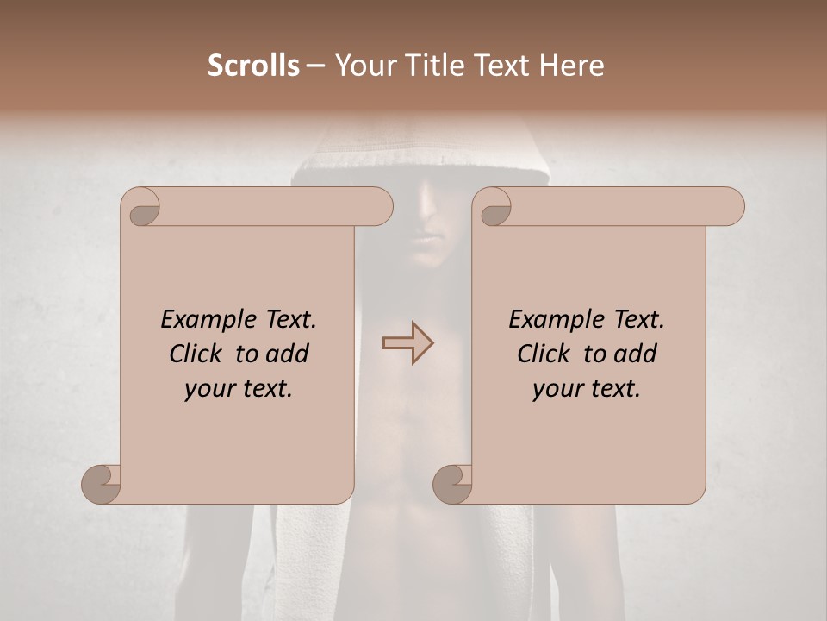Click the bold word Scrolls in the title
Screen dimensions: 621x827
coord(253,66)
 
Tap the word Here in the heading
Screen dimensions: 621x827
coord(572,66)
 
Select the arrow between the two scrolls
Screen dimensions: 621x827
coord(408,343)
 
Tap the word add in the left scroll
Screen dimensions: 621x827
coord(288,354)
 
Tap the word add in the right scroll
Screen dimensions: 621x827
coord(636,354)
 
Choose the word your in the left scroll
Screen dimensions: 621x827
coord(208,389)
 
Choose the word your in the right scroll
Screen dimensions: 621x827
coord(556,389)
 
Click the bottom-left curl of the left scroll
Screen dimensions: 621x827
coord(101,484)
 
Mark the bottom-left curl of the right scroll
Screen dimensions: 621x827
coord(452,484)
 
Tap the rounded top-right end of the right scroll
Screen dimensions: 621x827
coord(732,207)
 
